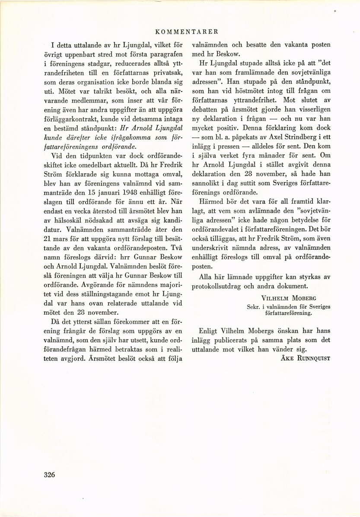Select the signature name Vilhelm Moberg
[294, 298]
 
